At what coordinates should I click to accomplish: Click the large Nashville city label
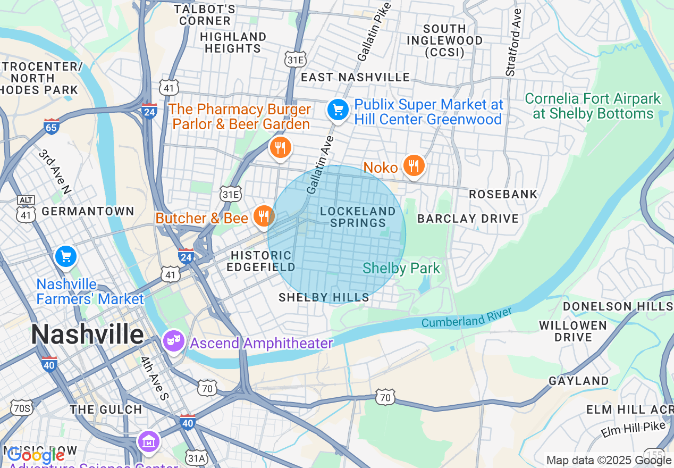87,335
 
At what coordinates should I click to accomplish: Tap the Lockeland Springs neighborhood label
358,217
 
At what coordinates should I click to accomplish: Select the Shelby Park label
401,269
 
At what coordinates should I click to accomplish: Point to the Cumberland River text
467,317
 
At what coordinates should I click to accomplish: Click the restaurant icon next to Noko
414,166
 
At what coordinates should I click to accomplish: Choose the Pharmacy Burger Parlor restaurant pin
280,147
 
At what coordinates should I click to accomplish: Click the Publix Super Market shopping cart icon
338,111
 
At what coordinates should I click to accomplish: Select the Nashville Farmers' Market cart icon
66,257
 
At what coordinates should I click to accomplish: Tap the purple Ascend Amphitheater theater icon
173,340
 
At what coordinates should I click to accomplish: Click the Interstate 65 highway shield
51,127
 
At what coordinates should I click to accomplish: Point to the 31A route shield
196,457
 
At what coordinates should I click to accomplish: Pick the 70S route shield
22,408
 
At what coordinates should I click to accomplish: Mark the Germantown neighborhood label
88,211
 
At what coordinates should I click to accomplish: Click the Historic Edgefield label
260,261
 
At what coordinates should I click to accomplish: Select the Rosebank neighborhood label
503,194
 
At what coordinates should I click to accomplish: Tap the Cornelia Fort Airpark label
593,106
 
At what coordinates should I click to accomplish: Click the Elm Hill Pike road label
633,429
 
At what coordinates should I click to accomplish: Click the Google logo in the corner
35,455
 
